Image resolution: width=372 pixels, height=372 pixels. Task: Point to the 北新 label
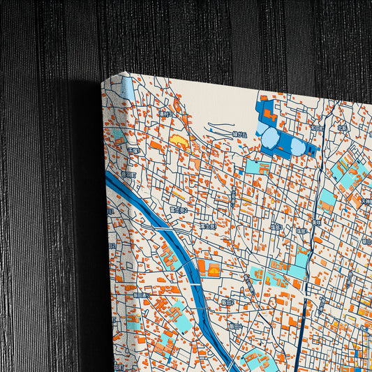pos(342,128)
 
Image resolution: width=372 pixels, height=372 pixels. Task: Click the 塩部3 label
pos(277,227)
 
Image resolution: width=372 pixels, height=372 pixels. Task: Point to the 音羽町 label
pos(126,174)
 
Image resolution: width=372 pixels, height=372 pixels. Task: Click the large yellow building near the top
pos(179,141)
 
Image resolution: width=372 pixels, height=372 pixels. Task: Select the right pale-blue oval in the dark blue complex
pos(297,147)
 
